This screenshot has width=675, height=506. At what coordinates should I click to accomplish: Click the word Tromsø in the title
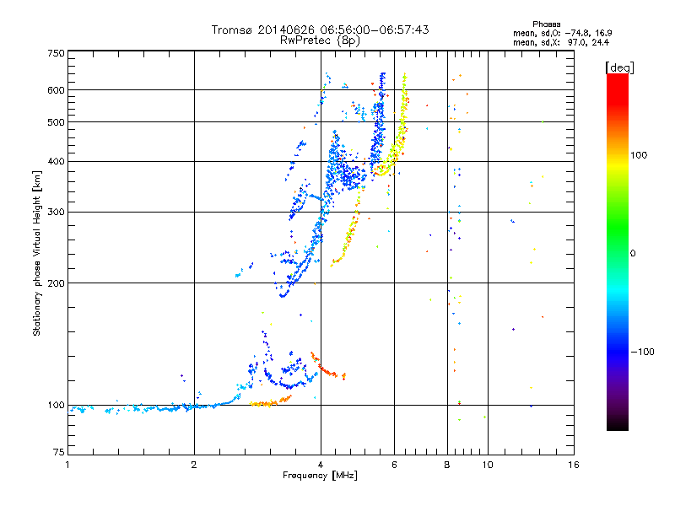[232, 30]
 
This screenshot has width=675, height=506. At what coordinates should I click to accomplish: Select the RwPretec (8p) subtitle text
[320, 40]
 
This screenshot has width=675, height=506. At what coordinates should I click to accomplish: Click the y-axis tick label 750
[56, 53]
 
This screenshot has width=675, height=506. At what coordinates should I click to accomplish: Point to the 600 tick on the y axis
[56, 90]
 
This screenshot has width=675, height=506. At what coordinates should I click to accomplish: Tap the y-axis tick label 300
[56, 213]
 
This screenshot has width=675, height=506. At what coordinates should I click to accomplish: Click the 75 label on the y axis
[59, 452]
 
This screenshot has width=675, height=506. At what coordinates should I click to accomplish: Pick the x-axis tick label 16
[574, 465]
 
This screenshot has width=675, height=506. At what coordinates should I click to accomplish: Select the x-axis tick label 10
[488, 465]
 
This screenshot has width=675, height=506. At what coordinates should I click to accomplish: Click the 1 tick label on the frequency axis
[68, 465]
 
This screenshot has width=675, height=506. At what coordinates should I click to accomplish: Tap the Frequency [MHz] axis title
[320, 476]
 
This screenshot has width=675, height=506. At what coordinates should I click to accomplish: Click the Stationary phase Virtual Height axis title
[36, 254]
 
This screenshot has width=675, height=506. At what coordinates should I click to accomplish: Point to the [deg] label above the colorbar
[619, 67]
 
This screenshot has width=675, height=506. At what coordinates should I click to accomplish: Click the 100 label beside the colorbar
[639, 155]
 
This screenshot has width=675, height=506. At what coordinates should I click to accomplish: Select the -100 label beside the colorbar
[642, 352]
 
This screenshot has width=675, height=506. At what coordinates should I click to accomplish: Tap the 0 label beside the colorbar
[633, 254]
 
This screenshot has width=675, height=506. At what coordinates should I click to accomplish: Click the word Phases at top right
[546, 24]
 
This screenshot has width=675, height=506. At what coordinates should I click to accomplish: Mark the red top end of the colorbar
[618, 76]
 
